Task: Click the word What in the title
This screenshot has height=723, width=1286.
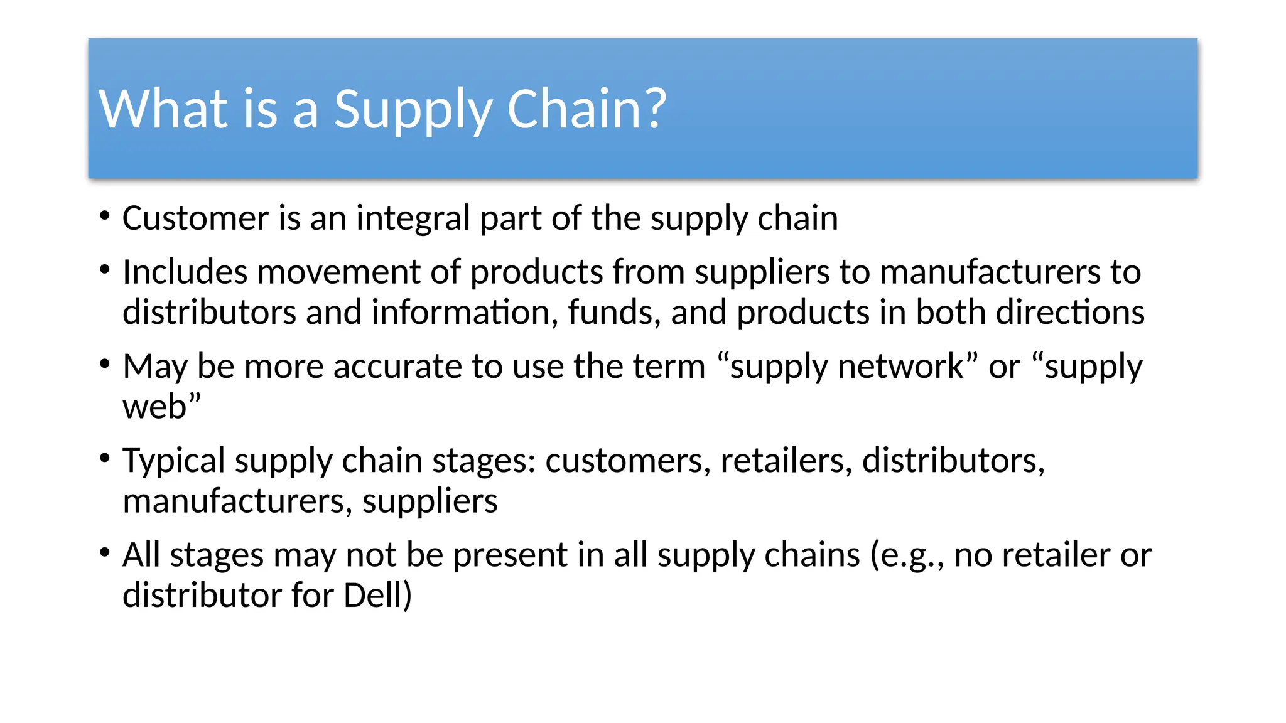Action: (x=163, y=109)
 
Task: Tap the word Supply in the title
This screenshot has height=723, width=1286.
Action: (x=412, y=109)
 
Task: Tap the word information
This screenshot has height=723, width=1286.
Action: (x=465, y=313)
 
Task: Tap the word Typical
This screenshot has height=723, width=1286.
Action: (x=174, y=461)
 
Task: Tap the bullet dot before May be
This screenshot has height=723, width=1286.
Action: (x=105, y=364)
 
